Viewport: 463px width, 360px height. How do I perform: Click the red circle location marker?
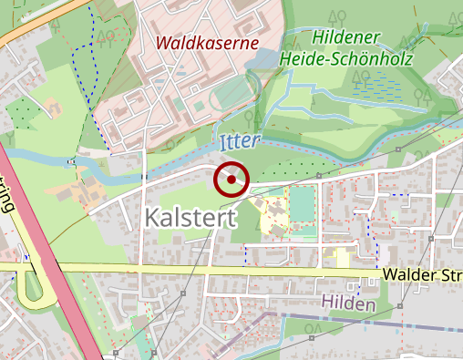[231, 179]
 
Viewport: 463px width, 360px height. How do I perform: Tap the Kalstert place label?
[190, 218]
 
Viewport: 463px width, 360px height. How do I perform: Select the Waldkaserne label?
[207, 43]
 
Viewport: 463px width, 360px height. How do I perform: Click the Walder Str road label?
[421, 274]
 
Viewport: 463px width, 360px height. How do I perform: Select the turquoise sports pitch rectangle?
[302, 205]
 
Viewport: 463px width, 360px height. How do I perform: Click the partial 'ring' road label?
[8, 195]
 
